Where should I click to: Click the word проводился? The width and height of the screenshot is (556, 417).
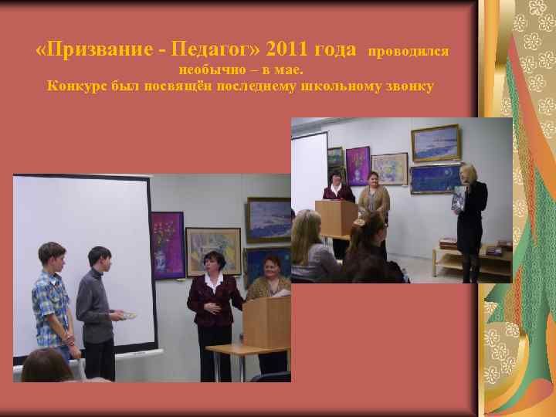[x=409, y=53]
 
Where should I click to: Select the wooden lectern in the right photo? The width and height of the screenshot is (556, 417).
[x=337, y=220]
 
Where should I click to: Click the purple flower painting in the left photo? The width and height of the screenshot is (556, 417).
[x=167, y=243]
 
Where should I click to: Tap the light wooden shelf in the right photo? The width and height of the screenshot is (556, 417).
[x=471, y=259]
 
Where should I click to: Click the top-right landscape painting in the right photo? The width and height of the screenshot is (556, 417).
[x=435, y=143]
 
